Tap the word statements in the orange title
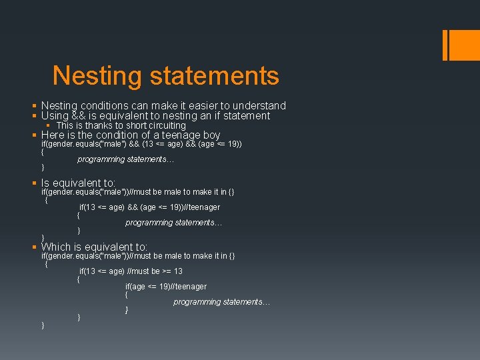[x=214, y=75]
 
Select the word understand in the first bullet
[x=259, y=105]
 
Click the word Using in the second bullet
[x=55, y=116]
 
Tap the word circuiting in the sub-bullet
[x=164, y=125]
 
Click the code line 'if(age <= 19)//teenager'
[x=166, y=287]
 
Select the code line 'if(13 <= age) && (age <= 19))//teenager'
[x=149, y=207]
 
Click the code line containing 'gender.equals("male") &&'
[x=141, y=144]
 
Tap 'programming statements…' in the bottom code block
[x=221, y=302]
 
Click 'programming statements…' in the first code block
[x=125, y=159]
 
